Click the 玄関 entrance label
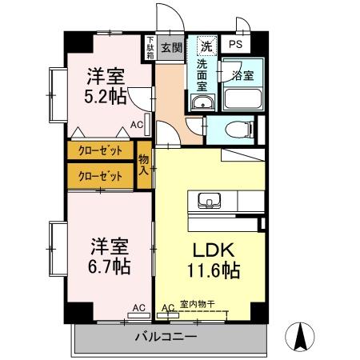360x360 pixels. (x=170, y=47)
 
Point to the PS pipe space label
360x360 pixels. (x=235, y=45)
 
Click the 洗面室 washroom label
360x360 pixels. (x=198, y=74)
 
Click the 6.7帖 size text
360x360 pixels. (x=106, y=263)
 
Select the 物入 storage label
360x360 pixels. (x=144, y=164)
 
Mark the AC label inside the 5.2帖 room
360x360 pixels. (x=137, y=125)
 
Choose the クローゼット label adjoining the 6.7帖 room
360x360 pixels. (x=102, y=175)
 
